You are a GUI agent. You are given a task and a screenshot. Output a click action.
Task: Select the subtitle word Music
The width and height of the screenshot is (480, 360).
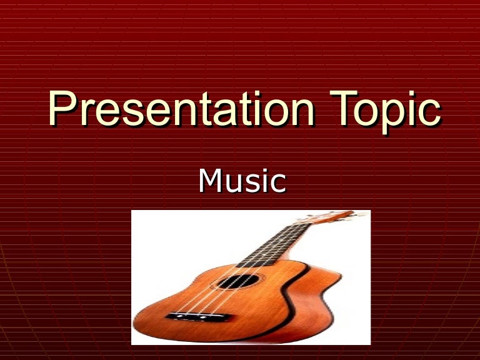242,181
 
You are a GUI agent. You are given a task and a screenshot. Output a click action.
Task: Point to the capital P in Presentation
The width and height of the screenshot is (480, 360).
62,109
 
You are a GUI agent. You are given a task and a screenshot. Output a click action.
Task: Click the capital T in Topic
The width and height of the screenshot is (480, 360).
342,109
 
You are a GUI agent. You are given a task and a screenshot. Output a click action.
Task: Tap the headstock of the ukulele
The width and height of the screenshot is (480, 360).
337,217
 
